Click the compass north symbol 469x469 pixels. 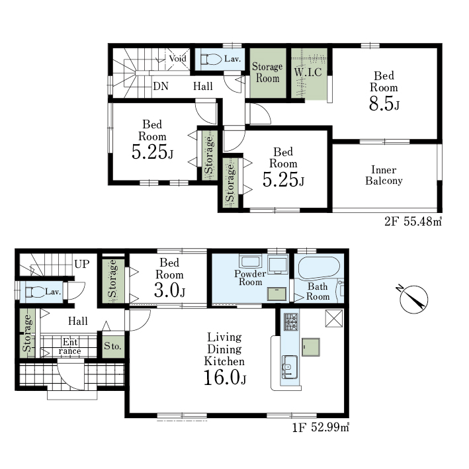[413, 300]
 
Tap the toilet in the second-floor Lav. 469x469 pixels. [210, 59]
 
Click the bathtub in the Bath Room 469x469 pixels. [319, 268]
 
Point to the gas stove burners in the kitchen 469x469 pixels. [291, 321]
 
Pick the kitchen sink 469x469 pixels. [289, 367]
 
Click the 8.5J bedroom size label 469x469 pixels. [384, 104]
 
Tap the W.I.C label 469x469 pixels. [308, 72]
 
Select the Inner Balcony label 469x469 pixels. [384, 175]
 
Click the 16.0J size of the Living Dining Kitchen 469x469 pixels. [225, 377]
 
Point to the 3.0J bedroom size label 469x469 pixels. [169, 290]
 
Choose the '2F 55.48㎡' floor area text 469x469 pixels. [413, 222]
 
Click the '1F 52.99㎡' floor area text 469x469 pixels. [320, 427]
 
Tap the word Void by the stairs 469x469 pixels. [178, 58]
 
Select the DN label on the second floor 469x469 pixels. [161, 86]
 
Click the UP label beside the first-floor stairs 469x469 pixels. [82, 264]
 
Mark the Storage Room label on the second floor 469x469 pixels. [267, 72]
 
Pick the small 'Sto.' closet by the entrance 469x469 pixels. [113, 347]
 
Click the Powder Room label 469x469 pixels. [250, 278]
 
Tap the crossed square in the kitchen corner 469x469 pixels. [334, 318]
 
